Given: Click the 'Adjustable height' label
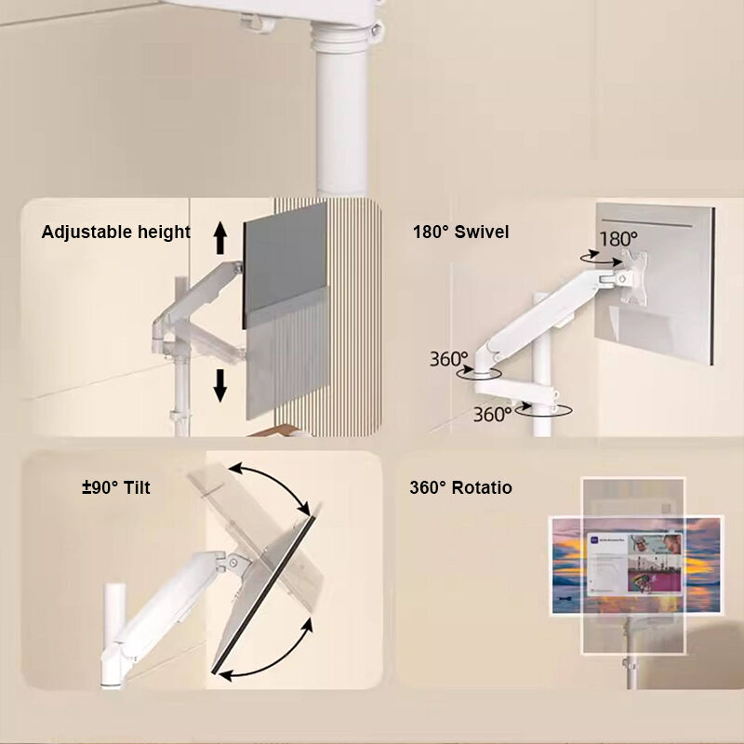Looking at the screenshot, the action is click(x=115, y=232).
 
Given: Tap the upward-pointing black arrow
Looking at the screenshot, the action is click(x=220, y=239).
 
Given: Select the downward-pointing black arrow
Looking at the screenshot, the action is click(x=220, y=386).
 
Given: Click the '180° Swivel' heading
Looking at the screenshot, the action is click(x=460, y=232).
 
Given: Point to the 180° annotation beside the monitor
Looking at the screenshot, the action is click(x=618, y=239).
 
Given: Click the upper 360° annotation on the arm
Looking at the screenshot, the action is click(x=448, y=359).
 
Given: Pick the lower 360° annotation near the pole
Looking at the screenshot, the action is click(x=492, y=414).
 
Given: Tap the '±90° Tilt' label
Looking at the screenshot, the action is click(x=115, y=487).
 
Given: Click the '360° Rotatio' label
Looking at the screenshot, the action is click(x=460, y=487).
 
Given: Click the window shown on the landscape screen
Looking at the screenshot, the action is click(x=634, y=564).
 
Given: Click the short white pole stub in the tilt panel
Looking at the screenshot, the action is click(x=114, y=612).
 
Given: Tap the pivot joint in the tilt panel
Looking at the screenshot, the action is click(x=233, y=563).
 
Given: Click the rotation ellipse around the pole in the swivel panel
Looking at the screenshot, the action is click(x=543, y=409).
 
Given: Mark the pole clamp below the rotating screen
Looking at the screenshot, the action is click(x=631, y=664).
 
